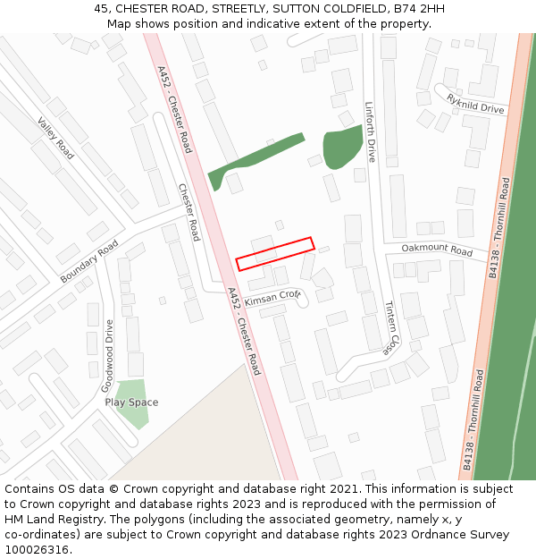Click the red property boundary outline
tap(275, 253)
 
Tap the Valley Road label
tap(55, 138)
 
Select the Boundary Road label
tap(89, 262)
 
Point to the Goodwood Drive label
tap(107, 356)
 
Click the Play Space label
tap(131, 402)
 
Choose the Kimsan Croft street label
tap(273, 295)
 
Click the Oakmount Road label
tap(437, 250)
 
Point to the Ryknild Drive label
tap(475, 103)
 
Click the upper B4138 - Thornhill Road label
tap(499, 227)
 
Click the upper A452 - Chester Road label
tap(174, 109)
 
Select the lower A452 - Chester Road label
tap(243, 331)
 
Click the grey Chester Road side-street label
tap(188, 212)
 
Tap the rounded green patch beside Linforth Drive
tap(340, 147)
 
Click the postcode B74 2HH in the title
tap(419, 9)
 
